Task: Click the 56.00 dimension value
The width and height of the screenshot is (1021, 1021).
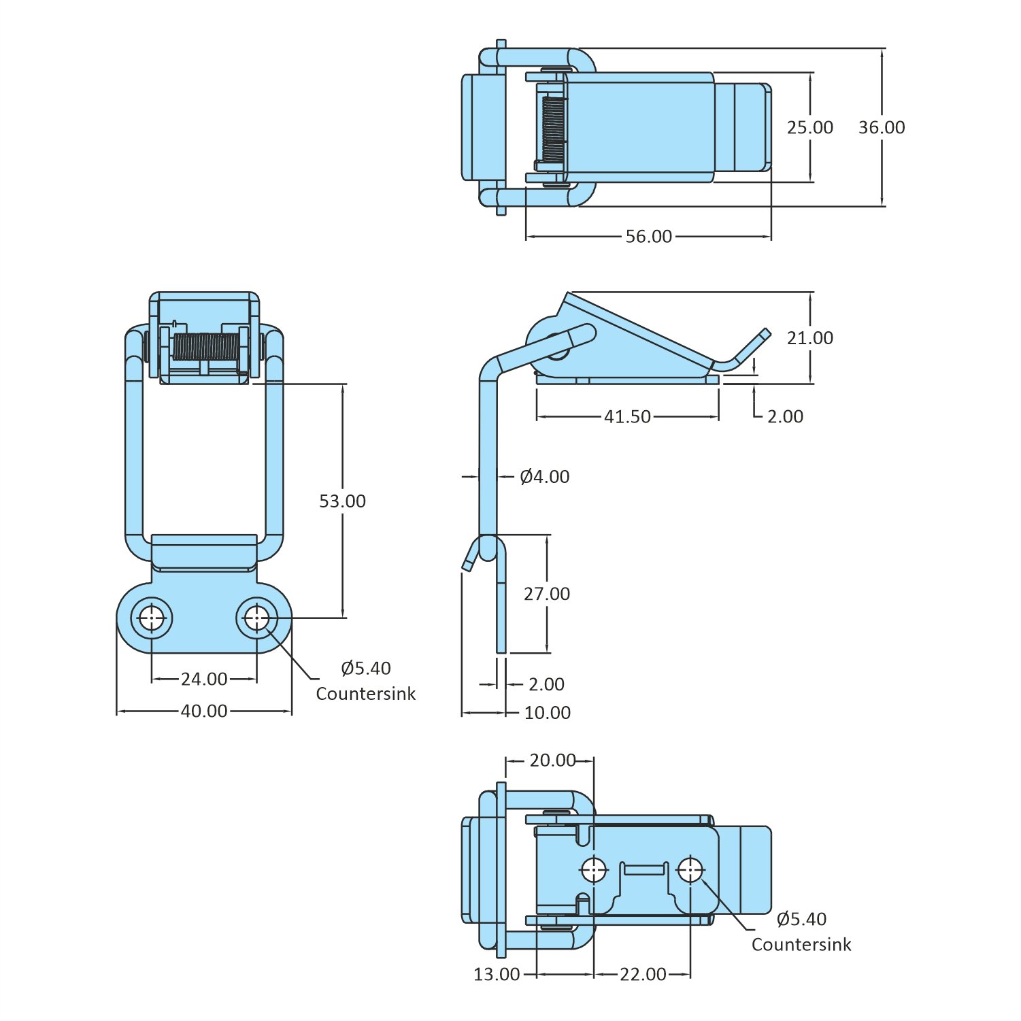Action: tap(648, 237)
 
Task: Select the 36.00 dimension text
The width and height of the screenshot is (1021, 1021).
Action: tap(882, 128)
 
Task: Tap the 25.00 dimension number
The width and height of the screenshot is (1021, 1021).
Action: tap(809, 128)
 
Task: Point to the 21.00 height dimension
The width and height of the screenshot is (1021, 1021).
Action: tap(809, 338)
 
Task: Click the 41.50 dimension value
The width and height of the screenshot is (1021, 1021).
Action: tap(627, 416)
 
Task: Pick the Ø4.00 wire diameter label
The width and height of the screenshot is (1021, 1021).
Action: tap(545, 477)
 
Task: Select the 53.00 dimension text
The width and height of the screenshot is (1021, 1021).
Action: tap(342, 501)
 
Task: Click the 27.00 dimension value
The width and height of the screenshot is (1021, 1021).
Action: tap(547, 594)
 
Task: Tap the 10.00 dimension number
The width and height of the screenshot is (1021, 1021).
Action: tap(548, 713)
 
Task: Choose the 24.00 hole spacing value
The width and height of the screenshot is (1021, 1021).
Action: tap(204, 679)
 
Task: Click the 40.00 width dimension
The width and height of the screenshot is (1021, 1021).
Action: tap(204, 711)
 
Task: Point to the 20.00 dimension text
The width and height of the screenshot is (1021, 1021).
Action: tap(552, 760)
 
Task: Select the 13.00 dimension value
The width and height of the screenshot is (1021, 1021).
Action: tap(497, 975)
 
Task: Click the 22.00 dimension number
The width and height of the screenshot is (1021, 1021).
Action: tap(643, 975)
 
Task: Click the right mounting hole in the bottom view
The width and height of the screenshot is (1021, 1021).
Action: tap(690, 869)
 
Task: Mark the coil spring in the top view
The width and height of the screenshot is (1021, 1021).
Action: tap(554, 129)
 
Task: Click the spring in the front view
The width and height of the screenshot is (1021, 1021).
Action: tap(205, 346)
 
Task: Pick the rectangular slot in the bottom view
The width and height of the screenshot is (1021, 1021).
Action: tap(644, 869)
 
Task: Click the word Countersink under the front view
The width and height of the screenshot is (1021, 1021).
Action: tap(365, 694)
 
